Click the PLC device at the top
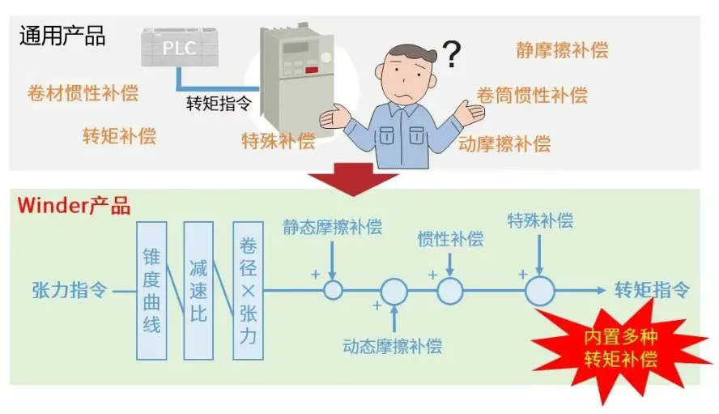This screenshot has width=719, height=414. [180, 47]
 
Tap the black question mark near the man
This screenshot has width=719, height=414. [451, 54]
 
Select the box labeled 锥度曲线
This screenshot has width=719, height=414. [151, 289]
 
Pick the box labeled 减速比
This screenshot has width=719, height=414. [198, 289]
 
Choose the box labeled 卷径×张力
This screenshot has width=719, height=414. [248, 289]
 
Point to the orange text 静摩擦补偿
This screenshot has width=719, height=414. [562, 50]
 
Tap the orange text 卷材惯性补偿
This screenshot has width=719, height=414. [83, 92]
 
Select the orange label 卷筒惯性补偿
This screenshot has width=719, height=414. [531, 95]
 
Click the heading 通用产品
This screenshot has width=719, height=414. [62, 36]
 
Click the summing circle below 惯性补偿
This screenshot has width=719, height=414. [450, 290]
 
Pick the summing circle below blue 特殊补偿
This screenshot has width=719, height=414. [540, 290]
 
